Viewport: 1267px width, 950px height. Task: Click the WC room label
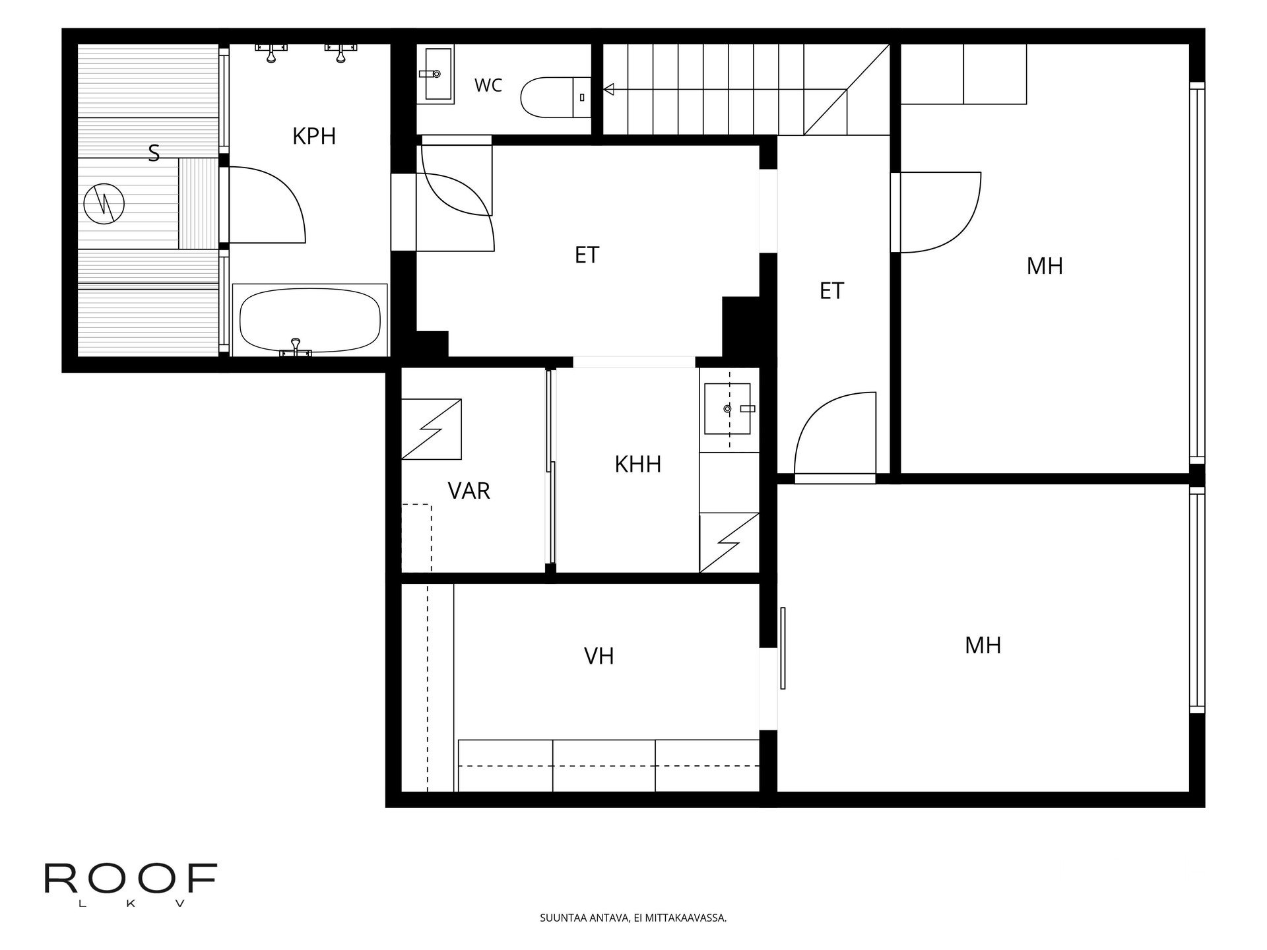[x=488, y=85]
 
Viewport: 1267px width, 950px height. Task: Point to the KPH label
[x=314, y=136]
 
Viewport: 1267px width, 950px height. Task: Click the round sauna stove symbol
[x=104, y=205]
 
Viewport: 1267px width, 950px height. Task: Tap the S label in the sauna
[x=154, y=153]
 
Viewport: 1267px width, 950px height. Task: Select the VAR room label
[x=469, y=491]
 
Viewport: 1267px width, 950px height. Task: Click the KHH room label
[x=638, y=464]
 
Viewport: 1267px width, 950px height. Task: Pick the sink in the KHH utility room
[x=728, y=409]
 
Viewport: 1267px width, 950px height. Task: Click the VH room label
[x=599, y=656]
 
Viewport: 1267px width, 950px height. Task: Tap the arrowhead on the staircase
[x=608, y=89]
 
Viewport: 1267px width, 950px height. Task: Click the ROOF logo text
[x=131, y=879]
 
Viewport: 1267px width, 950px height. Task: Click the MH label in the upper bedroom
[x=1045, y=267]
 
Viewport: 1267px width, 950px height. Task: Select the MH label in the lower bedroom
[x=983, y=645]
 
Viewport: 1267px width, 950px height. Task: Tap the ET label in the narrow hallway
[x=831, y=291]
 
